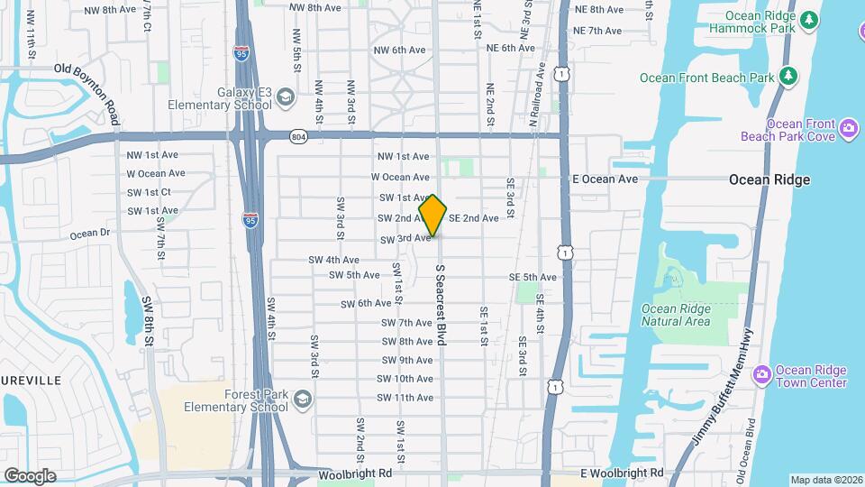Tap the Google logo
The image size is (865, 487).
[x=30, y=475]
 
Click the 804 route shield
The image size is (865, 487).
[x=298, y=136]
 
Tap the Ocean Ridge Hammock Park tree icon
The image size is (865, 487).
[x=809, y=19]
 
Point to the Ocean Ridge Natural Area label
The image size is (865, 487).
[x=676, y=315]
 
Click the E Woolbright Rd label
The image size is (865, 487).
[x=622, y=473]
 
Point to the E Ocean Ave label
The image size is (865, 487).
[x=605, y=179]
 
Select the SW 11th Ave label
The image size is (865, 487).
[x=405, y=398]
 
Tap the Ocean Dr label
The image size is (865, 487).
[x=90, y=234]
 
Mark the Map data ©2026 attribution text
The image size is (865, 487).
[x=825, y=480]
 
